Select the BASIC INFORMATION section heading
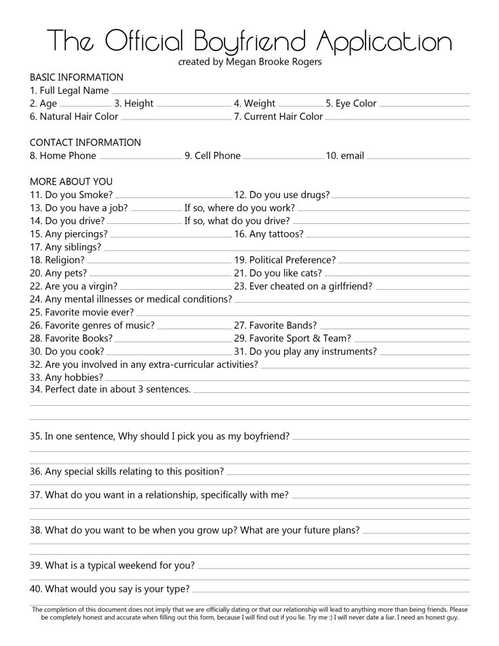tap(77, 77)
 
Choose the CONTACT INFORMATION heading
tap(85, 142)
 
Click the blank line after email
tap(418, 157)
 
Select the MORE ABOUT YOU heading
tap(71, 182)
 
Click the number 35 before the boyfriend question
tap(35, 436)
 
